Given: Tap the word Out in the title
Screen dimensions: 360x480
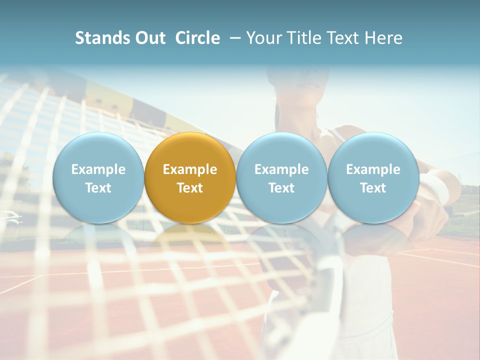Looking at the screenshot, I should pyautogui.click(x=150, y=38).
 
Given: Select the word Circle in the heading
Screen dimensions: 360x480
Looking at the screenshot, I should pyautogui.click(x=197, y=38).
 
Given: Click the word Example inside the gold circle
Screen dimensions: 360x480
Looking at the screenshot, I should pyautogui.click(x=190, y=169).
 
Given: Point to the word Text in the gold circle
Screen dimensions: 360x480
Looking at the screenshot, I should pyautogui.click(x=190, y=188).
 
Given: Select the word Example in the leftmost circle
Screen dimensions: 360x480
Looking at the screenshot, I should pyautogui.click(x=98, y=169).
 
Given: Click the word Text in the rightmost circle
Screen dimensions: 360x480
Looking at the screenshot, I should pyautogui.click(x=373, y=188).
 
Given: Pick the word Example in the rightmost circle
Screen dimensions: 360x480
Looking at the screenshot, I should pyautogui.click(x=373, y=169).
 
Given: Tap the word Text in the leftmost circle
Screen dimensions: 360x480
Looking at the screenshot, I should pyautogui.click(x=98, y=188).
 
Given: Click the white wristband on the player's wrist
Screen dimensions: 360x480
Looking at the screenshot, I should pyautogui.click(x=438, y=188).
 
